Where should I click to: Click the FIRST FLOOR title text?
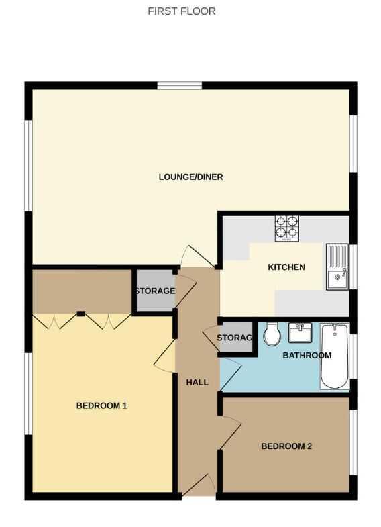[182, 11]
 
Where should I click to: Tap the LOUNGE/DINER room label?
[190, 177]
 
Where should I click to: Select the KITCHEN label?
[286, 267]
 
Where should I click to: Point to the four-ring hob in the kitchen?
[287, 228]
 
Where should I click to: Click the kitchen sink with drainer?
[337, 267]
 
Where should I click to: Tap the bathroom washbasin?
[300, 332]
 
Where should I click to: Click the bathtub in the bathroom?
[334, 356]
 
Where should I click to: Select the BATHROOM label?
[307, 356]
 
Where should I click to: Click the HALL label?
[197, 382]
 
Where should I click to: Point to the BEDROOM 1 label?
[102, 405]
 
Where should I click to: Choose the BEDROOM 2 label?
[286, 446]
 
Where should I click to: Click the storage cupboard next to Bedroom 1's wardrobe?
[155, 291]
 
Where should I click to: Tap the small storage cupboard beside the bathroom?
[235, 338]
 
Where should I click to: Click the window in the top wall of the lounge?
[180, 85]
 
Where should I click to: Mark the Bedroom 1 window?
[29, 394]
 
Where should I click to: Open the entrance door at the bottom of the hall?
[199, 485]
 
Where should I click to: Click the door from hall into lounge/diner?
[198, 256]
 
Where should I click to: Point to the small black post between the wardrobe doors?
[81, 314]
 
